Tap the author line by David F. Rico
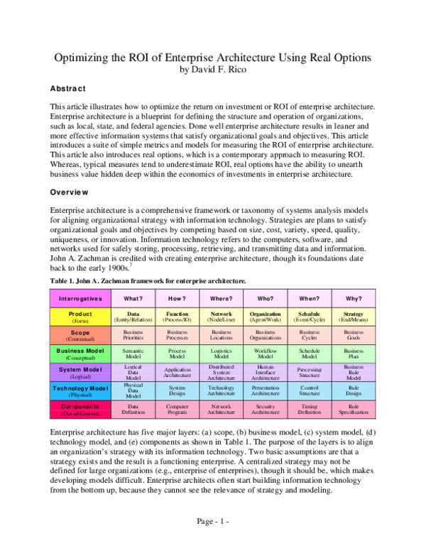pos(213,70)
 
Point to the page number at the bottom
pos(213,521)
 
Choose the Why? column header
pos(354,299)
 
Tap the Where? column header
pos(222,299)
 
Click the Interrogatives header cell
pos(80,299)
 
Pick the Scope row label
pos(80,334)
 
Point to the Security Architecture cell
pos(265,410)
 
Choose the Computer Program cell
pos(177,410)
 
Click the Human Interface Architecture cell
pos(265,373)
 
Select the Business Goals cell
pos(354,334)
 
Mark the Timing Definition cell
pos(310,410)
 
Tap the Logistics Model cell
pos(222,354)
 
